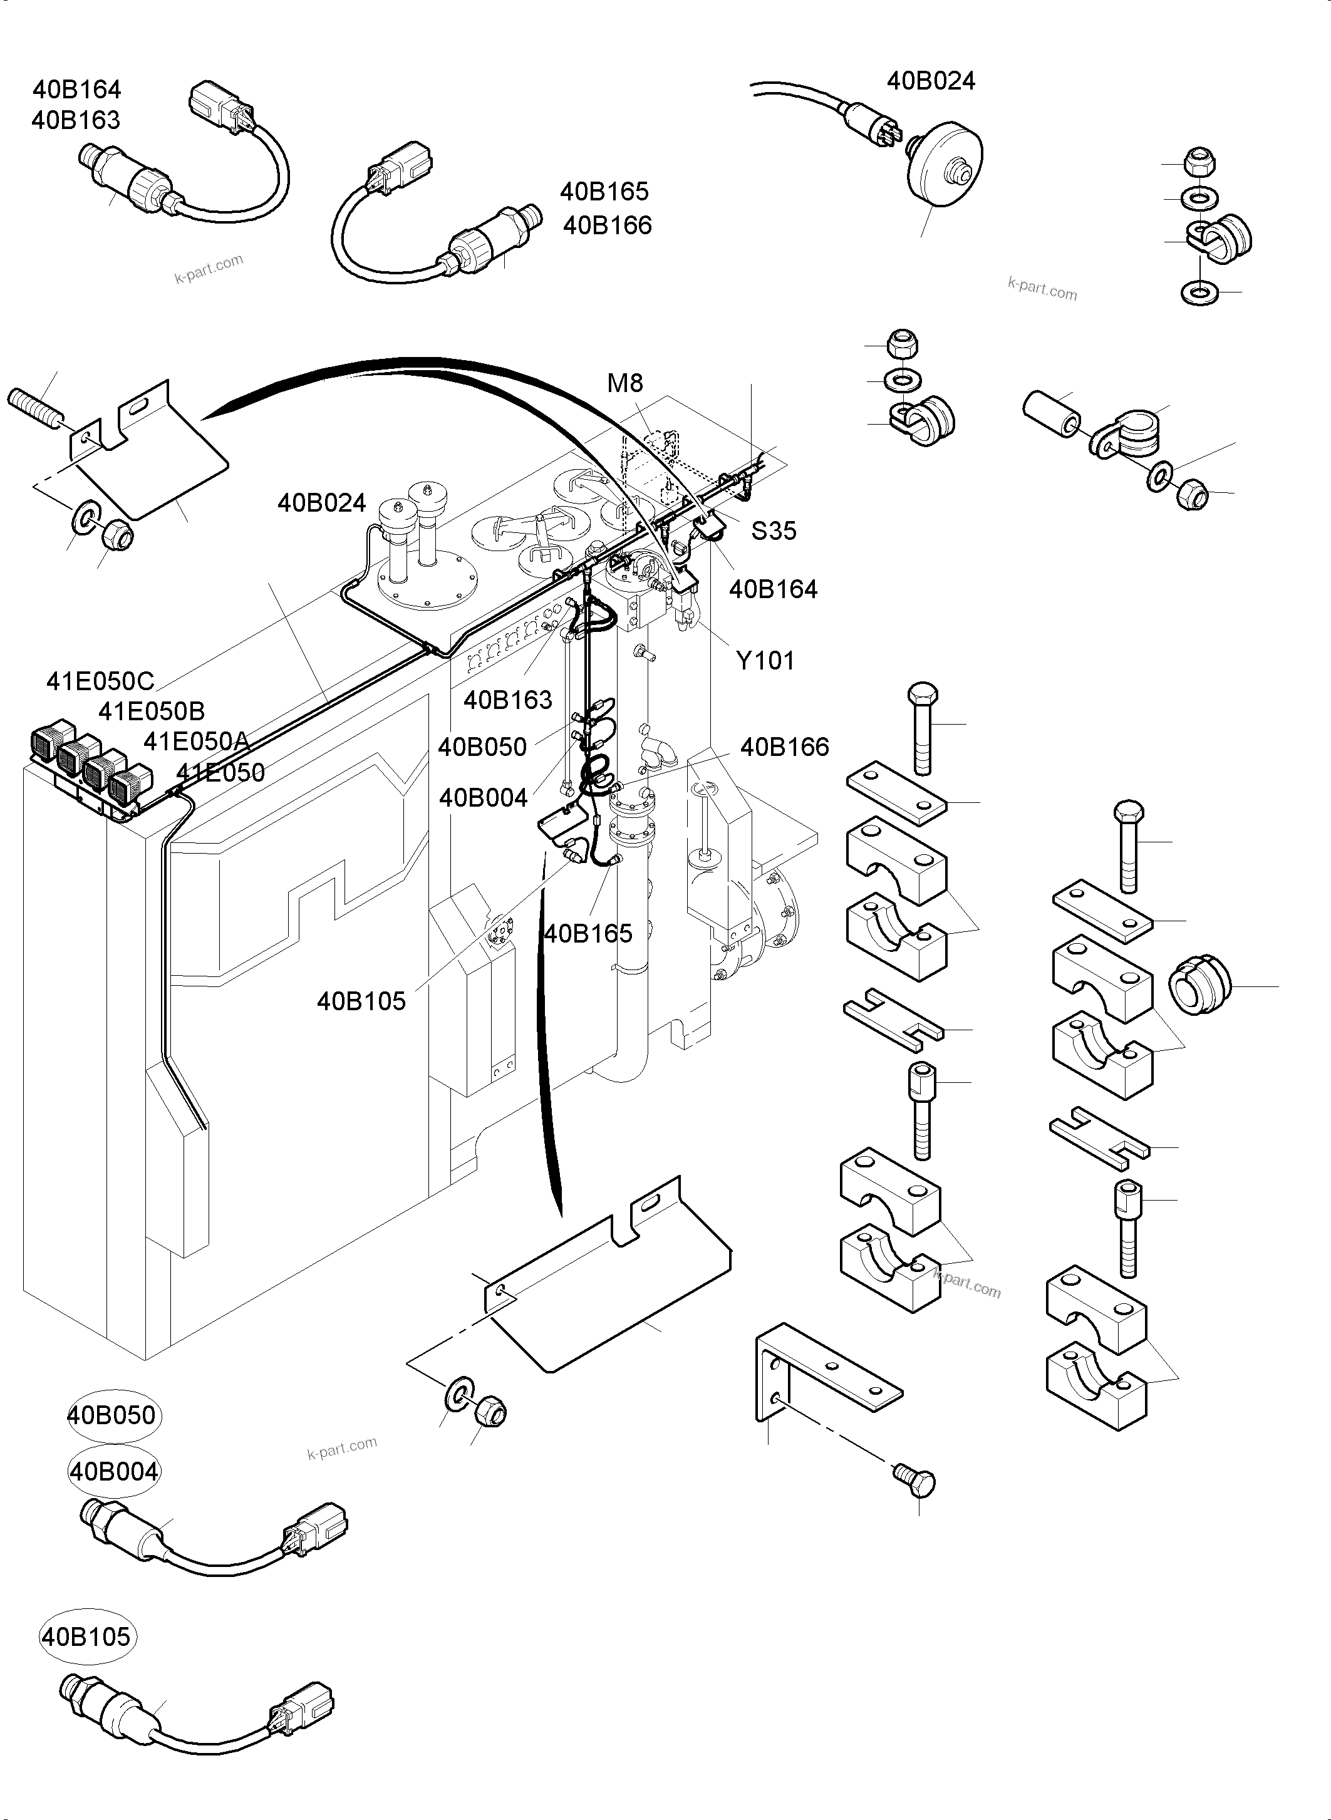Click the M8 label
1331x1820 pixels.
coord(625,383)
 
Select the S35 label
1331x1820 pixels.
coord(774,531)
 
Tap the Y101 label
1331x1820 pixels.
coord(765,661)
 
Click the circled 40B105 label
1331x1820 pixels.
coord(85,1637)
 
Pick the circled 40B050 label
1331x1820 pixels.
coord(112,1415)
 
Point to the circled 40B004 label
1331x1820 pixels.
coord(113,1472)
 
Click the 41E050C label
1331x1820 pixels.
coord(100,681)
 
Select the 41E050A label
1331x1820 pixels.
coord(197,741)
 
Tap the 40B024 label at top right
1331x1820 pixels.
coord(931,81)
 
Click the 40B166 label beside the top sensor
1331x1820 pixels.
coord(607,225)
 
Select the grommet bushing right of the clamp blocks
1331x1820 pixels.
coord(1199,985)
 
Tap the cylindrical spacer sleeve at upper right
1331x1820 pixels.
coord(1052,413)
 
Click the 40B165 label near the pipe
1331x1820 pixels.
coord(588,934)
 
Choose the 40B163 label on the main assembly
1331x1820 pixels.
coord(507,700)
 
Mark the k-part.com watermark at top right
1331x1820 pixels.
coord(1042,289)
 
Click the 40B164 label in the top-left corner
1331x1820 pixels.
coord(76,90)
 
